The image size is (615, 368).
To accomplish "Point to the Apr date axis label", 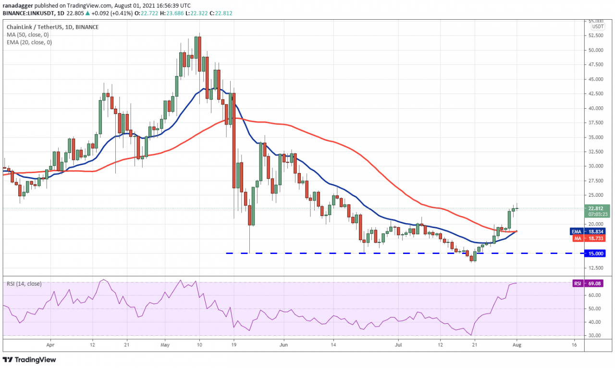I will pos(50,344).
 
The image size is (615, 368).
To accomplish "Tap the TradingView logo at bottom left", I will pos(30,359).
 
